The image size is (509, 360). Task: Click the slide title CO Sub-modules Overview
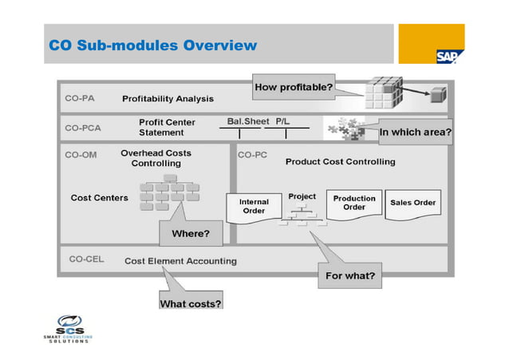tap(153, 45)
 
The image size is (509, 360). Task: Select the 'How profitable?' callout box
tap(293, 86)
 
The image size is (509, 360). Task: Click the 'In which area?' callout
tap(415, 133)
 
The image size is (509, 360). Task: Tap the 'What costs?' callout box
tap(191, 303)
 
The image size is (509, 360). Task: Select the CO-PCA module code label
tap(83, 128)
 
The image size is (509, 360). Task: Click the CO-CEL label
tap(84, 260)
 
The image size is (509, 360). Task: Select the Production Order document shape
tap(354, 204)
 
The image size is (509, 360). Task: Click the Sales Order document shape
tap(412, 204)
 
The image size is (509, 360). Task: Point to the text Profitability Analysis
tap(168, 99)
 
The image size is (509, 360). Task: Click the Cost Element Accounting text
tap(180, 260)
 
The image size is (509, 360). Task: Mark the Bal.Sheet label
tap(243, 121)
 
